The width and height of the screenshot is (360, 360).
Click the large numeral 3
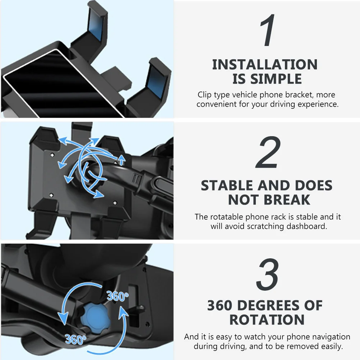[x=268, y=275]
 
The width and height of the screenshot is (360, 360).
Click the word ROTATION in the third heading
[x=267, y=319]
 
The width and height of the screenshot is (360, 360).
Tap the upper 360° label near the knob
[x=117, y=296]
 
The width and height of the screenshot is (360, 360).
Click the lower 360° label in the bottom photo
[x=75, y=338]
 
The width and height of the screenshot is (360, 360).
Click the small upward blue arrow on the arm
[x=122, y=160]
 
